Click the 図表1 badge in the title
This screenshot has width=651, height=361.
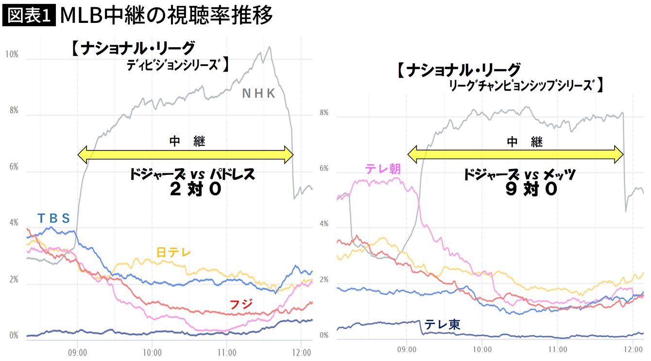tap(29, 16)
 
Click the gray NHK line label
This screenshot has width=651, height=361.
tap(259, 94)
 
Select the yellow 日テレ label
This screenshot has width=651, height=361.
tap(173, 252)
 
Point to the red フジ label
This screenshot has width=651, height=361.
tap(241, 305)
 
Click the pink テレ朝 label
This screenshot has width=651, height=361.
tap(383, 169)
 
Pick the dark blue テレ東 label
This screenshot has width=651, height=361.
tap(442, 325)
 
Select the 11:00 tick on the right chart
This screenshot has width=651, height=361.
tap(558, 349)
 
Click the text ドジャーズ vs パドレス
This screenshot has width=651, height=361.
tap(192, 174)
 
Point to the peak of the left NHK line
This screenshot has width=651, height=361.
tap(269, 47)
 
